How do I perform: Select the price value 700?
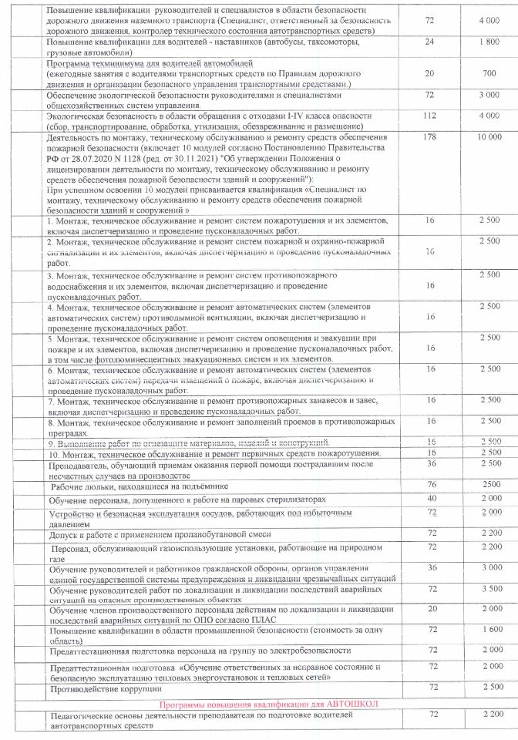click(x=489, y=73)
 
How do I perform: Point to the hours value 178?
click(x=431, y=136)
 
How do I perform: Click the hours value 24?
click(x=431, y=42)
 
